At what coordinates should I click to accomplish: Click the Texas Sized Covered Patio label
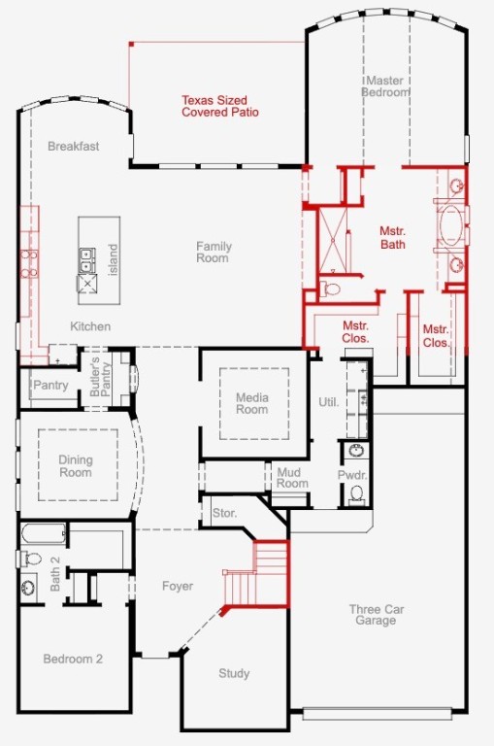220,106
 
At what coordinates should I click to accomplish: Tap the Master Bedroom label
386,86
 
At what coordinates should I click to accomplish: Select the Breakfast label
74,146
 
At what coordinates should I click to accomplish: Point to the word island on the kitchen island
114,259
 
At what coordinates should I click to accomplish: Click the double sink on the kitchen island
87,260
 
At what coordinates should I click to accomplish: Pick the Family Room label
214,253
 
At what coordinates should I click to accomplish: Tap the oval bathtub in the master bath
450,225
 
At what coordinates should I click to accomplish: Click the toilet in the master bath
330,288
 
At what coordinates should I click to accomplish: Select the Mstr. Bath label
393,238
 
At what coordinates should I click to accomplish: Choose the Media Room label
252,403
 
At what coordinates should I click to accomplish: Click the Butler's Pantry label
100,377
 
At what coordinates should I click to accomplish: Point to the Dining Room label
75,466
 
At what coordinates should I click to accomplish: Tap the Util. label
329,402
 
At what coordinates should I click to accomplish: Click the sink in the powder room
356,450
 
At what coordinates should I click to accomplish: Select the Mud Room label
292,478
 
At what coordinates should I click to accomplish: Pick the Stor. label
224,513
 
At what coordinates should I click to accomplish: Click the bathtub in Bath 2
44,534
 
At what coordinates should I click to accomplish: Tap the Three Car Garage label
377,615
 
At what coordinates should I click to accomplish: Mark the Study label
234,674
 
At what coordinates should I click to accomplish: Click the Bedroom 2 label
73,659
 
